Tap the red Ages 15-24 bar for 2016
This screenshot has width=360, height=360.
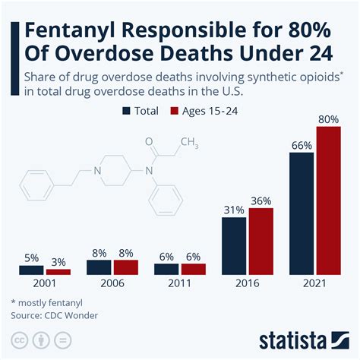point(261,240)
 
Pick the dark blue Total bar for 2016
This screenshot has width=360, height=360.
point(234,245)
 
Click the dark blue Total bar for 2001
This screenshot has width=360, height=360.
point(31,270)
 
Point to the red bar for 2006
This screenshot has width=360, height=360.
point(126,267)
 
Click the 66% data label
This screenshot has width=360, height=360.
point(302,144)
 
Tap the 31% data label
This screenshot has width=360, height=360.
point(234,209)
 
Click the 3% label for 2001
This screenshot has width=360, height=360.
point(58,261)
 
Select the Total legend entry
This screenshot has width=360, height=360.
point(140,111)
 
